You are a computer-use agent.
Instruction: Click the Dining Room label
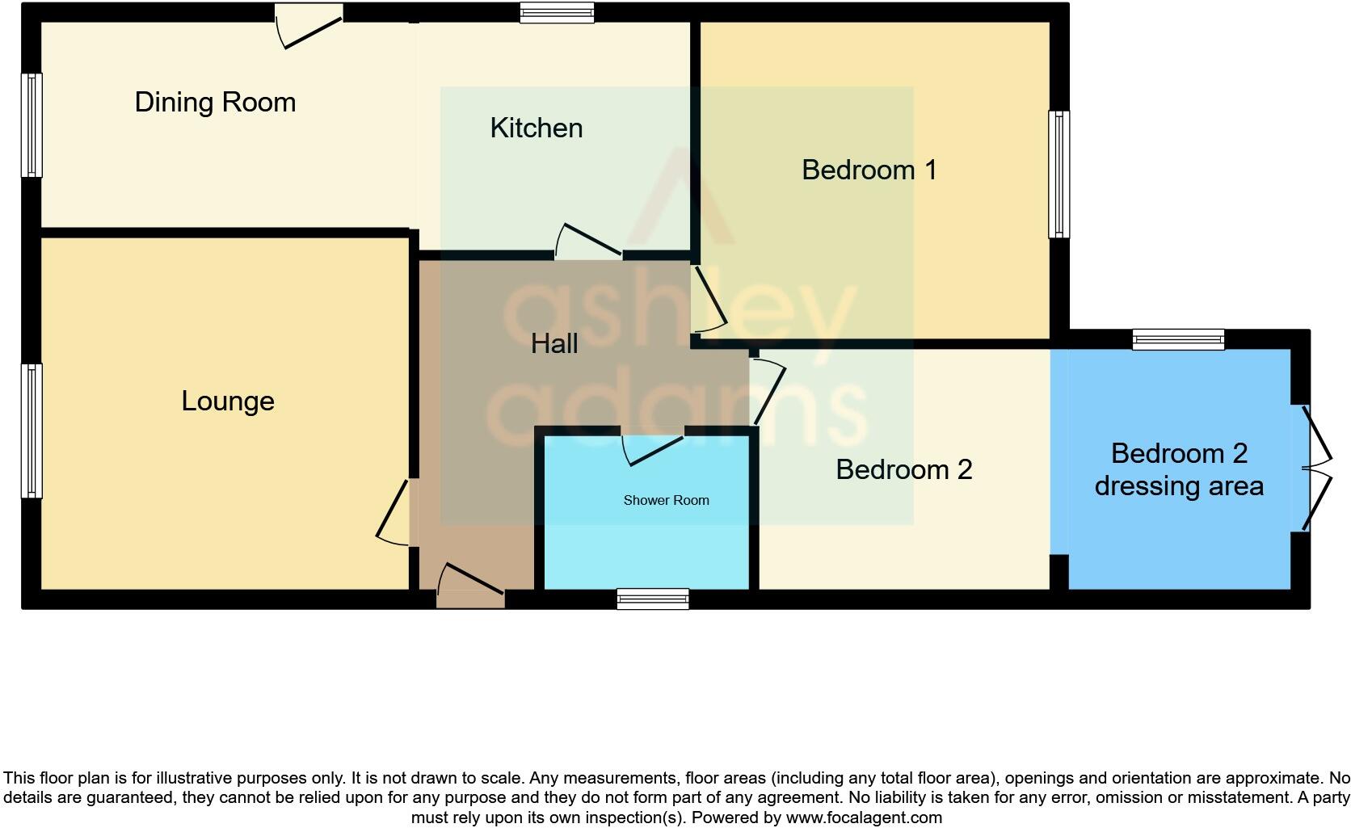[215, 103]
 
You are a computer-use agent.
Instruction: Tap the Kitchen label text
[536, 128]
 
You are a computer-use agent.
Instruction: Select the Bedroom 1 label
[869, 170]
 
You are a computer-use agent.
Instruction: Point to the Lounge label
[228, 401]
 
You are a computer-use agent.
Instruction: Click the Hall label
[554, 344]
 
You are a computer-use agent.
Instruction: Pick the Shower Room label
[666, 501]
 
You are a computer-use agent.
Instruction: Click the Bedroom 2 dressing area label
[1179, 470]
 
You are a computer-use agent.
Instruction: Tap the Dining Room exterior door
[309, 24]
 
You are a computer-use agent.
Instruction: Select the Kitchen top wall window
[557, 12]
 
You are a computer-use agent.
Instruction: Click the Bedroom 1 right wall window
[1058, 174]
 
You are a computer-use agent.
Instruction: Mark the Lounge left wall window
[32, 431]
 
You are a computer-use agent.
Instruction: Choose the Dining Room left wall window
[32, 125]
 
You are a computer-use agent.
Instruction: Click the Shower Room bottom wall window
[653, 599]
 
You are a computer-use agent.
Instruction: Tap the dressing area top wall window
[1178, 339]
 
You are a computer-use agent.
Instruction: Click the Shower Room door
[653, 449]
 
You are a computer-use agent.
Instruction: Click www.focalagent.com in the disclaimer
[864, 817]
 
